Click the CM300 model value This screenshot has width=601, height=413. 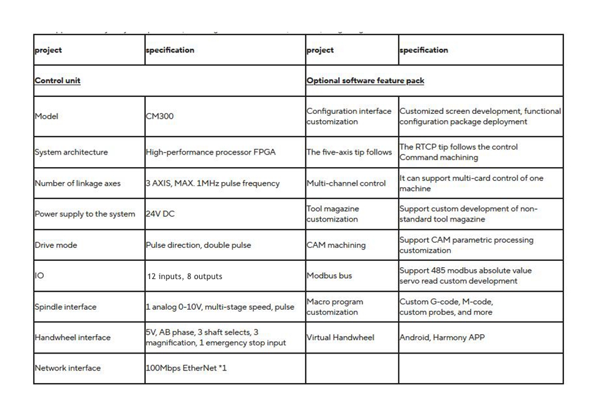tap(160, 116)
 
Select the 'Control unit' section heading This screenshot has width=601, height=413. tap(58, 81)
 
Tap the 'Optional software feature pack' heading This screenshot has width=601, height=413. tap(365, 81)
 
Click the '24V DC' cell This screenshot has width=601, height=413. tap(160, 214)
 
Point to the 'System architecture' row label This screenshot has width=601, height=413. tap(71, 152)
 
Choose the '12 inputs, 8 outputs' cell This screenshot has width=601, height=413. tap(185, 276)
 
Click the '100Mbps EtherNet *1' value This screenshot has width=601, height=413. tap(186, 368)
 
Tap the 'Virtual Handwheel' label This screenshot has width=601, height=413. tap(340, 337)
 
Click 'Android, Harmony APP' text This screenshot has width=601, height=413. tap(442, 337)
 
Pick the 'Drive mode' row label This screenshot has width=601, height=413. tap(56, 245)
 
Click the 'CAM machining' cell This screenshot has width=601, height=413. tap(336, 245)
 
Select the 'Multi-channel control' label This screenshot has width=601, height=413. tap(346, 183)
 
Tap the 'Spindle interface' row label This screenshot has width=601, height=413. tap(66, 307)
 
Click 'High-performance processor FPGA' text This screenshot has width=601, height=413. tap(210, 152)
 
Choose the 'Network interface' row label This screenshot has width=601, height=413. tap(67, 368)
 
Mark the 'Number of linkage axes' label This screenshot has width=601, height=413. tap(77, 183)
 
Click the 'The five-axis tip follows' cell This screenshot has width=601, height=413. tap(349, 152)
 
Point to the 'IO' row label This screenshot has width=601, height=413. tap(39, 276)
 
